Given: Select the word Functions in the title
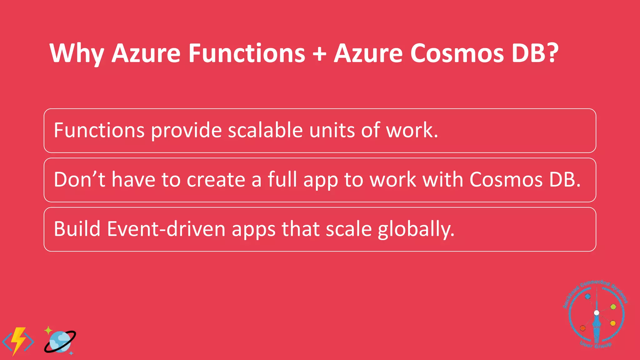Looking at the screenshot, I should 247,53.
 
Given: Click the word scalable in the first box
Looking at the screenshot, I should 265,130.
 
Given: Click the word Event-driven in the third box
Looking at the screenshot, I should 166,229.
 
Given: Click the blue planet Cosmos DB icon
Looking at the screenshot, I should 60,342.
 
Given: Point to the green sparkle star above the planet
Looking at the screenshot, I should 48,330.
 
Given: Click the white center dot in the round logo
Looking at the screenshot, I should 596,313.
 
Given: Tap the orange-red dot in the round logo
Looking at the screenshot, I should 582,328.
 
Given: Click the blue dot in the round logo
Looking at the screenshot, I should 587,296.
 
